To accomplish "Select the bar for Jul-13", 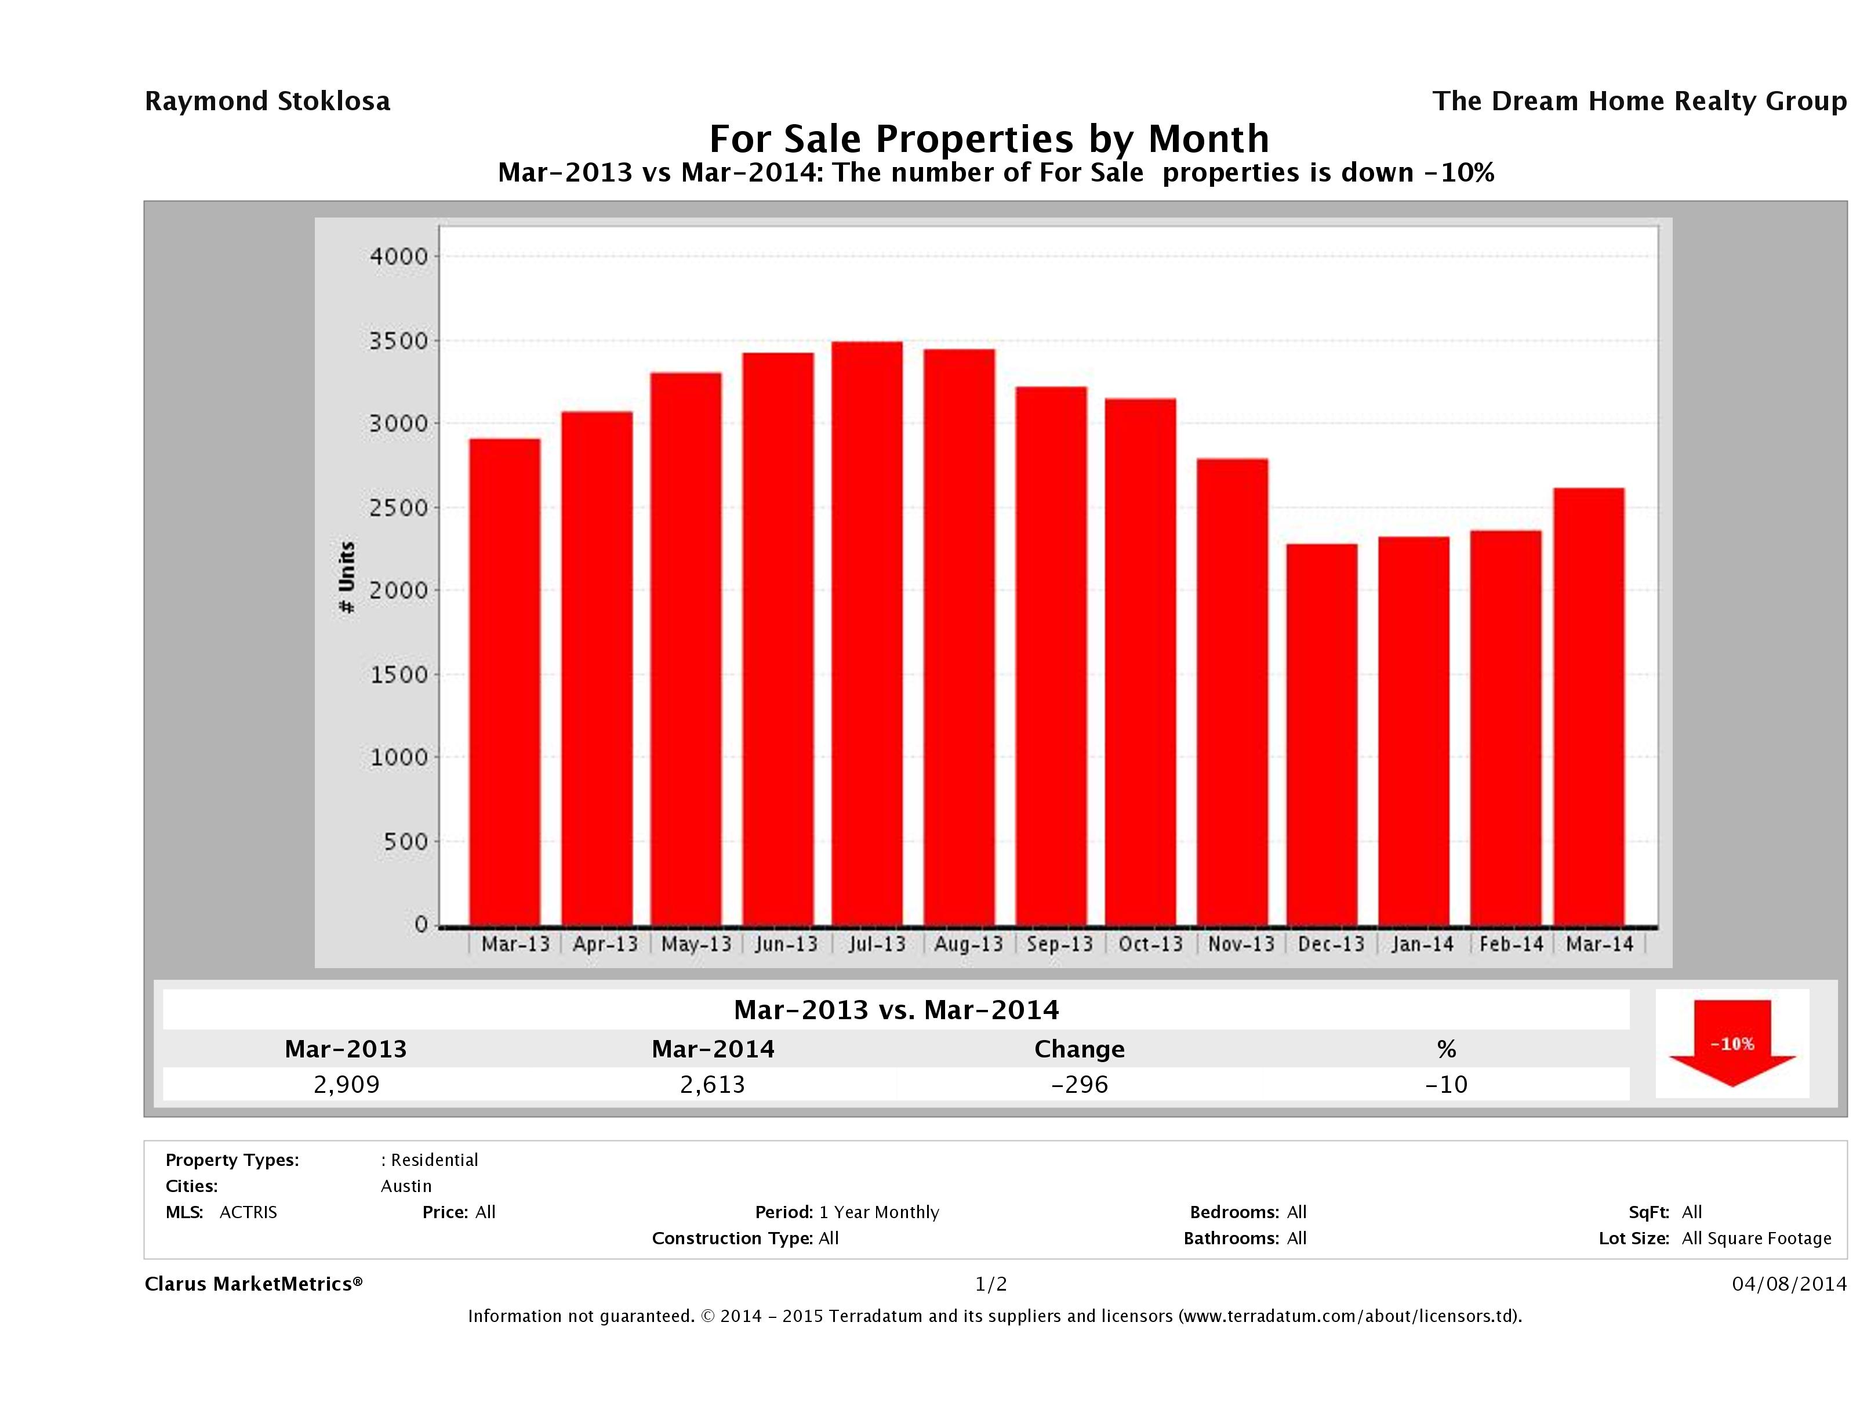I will [x=867, y=634].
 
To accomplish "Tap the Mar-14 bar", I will [x=1589, y=707].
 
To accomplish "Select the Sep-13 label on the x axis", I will [x=1059, y=944].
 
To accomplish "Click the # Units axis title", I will [x=347, y=578].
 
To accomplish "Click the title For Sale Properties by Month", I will [x=989, y=139].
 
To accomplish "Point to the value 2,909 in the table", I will [x=346, y=1084].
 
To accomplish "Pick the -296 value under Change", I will [x=1080, y=1084].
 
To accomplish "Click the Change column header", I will [x=1080, y=1049].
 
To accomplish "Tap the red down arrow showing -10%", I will [x=1731, y=1044].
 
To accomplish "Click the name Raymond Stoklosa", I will [x=267, y=102].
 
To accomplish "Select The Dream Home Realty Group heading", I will [x=1639, y=102].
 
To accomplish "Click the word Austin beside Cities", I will [x=406, y=1186].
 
